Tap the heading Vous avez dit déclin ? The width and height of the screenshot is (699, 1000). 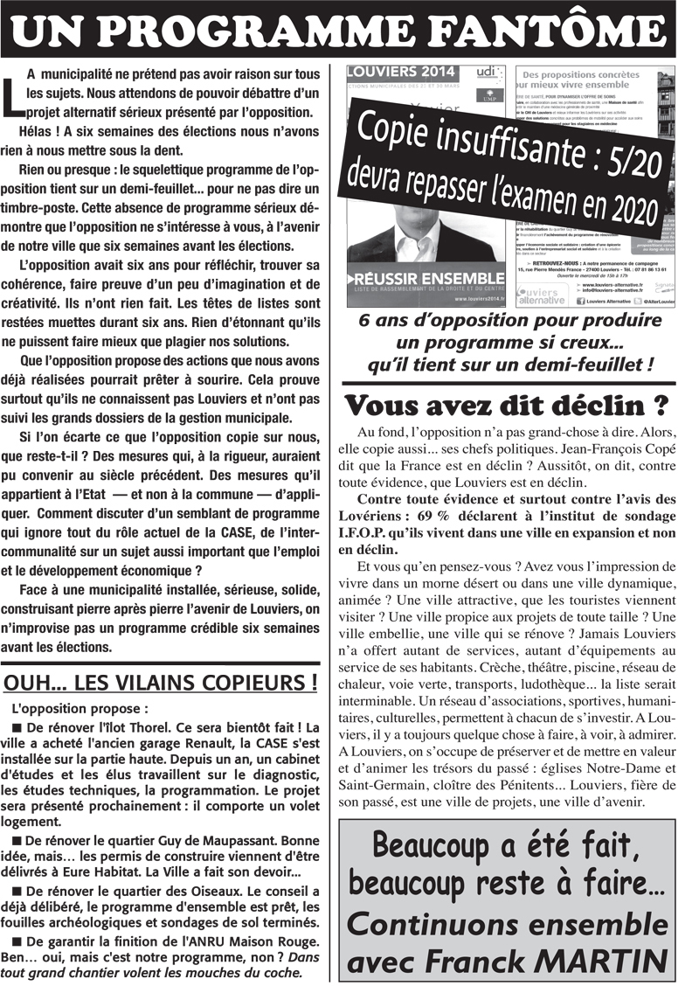click(x=508, y=406)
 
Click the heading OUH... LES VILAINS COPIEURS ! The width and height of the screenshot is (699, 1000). click(x=161, y=682)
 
